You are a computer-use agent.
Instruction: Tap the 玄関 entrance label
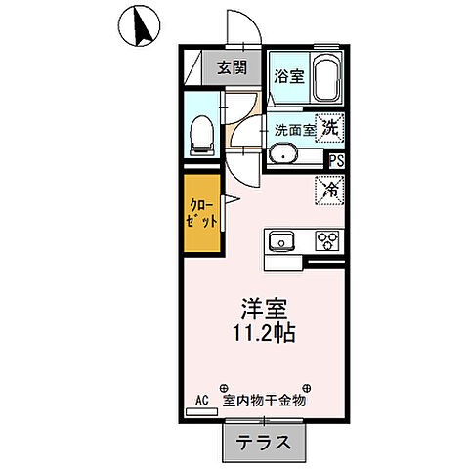(231, 68)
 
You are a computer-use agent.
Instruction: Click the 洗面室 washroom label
(294, 129)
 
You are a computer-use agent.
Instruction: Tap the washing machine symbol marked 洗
(333, 126)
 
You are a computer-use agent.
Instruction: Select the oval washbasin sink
(284, 153)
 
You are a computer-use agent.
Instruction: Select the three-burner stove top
(325, 241)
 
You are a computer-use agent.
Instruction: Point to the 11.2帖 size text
(262, 332)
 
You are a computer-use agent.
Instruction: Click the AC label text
(202, 400)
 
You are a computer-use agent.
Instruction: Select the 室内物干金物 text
(265, 401)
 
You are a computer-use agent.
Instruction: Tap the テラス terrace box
(265, 442)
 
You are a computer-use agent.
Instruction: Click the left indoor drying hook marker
(223, 386)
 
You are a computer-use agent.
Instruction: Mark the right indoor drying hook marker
(307, 386)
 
